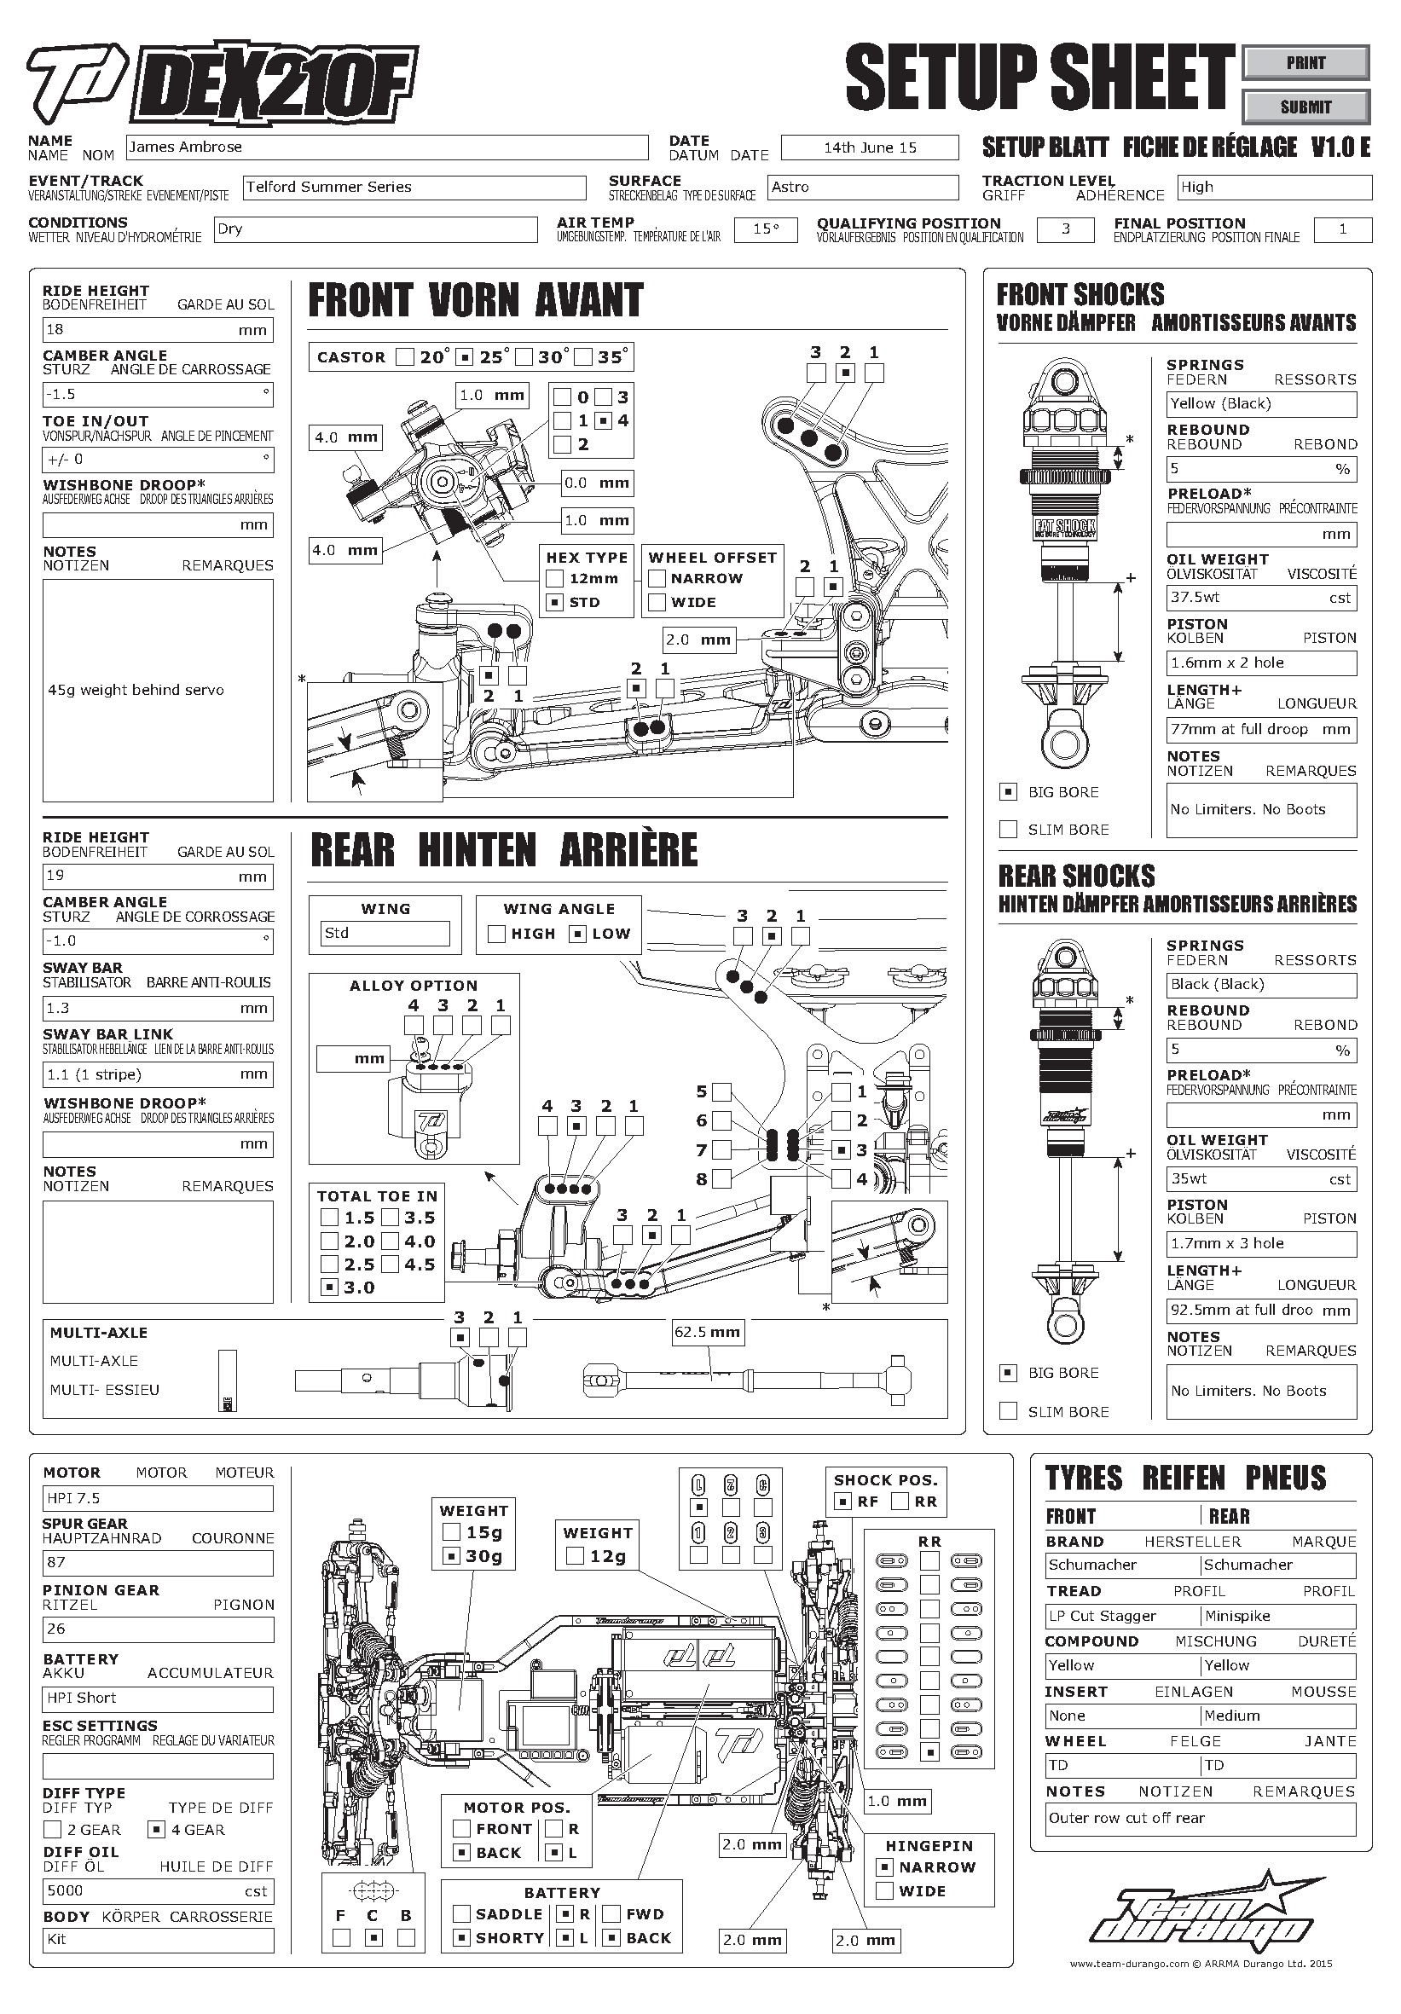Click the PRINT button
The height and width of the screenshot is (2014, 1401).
[x=1305, y=63]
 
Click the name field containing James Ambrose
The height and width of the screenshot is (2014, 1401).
[x=386, y=148]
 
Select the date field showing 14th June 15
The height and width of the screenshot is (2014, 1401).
[x=870, y=148]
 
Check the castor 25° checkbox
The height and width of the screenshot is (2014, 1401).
[x=466, y=357]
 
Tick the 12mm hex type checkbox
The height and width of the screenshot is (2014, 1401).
[x=554, y=579]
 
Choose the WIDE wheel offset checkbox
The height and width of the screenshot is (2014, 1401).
[x=657, y=603]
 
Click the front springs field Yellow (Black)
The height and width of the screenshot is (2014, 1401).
[x=1260, y=403]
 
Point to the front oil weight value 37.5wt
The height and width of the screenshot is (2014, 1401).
[x=1260, y=598]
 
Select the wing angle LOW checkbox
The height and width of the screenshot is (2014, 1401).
[x=577, y=935]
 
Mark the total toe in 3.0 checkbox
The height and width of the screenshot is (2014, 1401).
[x=329, y=1288]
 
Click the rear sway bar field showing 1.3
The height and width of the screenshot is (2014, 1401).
[x=157, y=1009]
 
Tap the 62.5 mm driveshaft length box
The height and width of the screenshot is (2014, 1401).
[x=707, y=1333]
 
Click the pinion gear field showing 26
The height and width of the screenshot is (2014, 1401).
[x=157, y=1629]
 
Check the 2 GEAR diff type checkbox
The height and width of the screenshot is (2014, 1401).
[x=52, y=1830]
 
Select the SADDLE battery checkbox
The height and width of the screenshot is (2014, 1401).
[x=461, y=1914]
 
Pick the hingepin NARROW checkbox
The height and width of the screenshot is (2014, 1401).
[x=885, y=1867]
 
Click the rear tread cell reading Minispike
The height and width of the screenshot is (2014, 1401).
[x=1278, y=1616]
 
